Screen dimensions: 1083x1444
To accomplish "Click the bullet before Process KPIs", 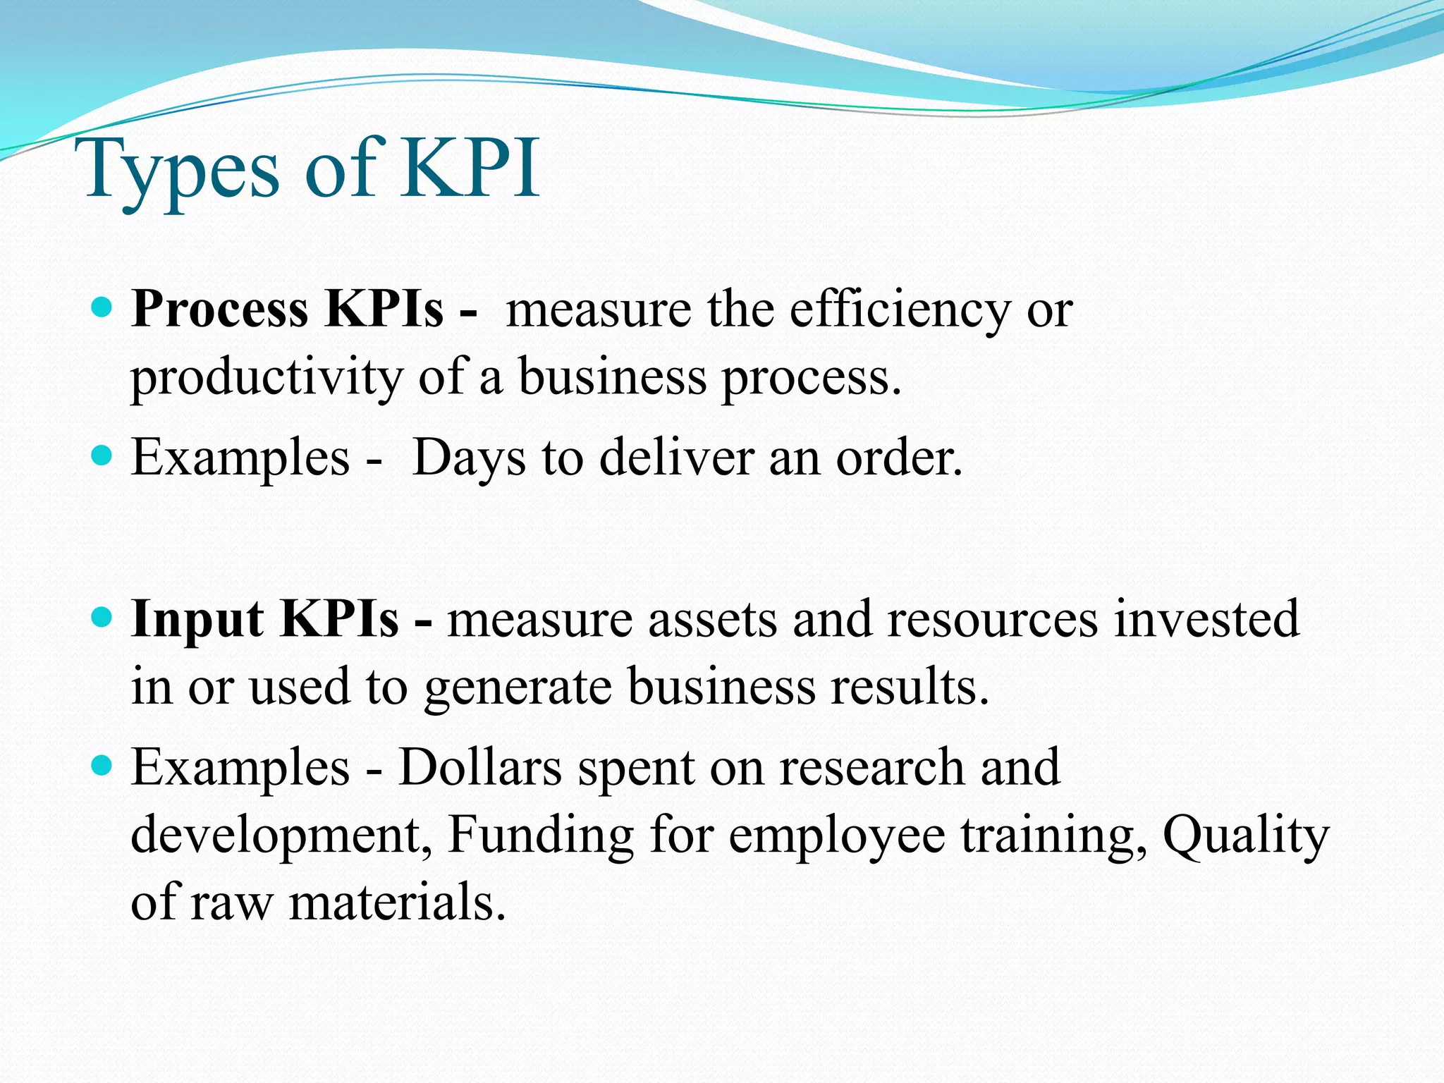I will point(103,308).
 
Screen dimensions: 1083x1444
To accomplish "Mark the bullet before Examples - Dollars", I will point(103,766).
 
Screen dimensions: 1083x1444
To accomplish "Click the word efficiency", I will point(899,310).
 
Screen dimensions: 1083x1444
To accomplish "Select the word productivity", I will point(267,378).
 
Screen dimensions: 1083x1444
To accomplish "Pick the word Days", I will point(469,458).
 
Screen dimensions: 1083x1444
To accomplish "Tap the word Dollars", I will point(480,767).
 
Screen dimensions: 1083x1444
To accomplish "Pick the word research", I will point(871,767).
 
